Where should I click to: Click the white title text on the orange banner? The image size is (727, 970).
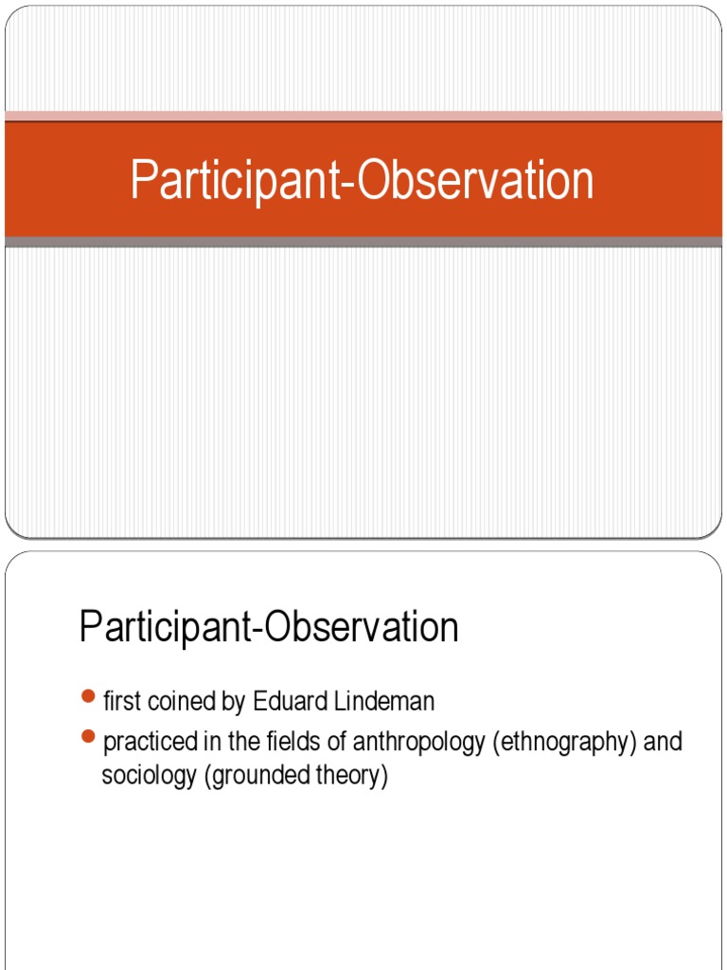click(x=362, y=181)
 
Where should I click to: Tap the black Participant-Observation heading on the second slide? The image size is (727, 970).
click(x=269, y=628)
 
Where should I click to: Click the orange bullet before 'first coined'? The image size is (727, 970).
click(x=88, y=697)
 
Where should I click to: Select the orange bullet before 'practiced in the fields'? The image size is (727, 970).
click(x=88, y=737)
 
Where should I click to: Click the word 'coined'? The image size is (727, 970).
click(x=169, y=702)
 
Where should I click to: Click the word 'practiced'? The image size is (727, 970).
click(x=144, y=742)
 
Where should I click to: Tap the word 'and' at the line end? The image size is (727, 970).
click(x=663, y=742)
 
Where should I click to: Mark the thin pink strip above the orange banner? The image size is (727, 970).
click(x=363, y=116)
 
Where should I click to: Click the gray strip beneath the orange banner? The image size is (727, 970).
click(x=363, y=242)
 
